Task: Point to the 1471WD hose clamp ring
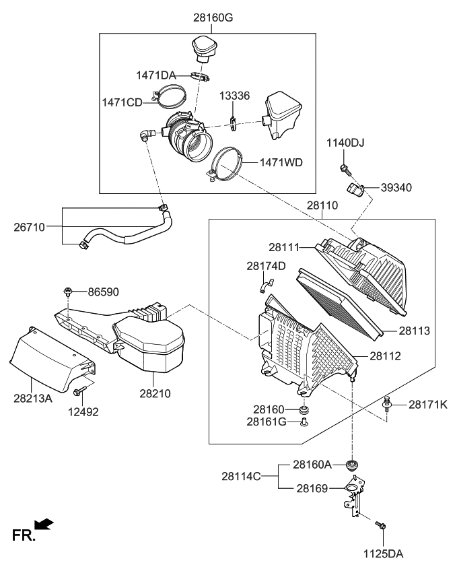[x=225, y=165]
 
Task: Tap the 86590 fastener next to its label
[x=68, y=292]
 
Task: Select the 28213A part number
[x=32, y=398]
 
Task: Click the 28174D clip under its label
[x=264, y=288]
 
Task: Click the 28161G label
[x=268, y=422]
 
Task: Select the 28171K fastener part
[x=387, y=404]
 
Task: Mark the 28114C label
[x=241, y=476]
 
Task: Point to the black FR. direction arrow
[x=44, y=525]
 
